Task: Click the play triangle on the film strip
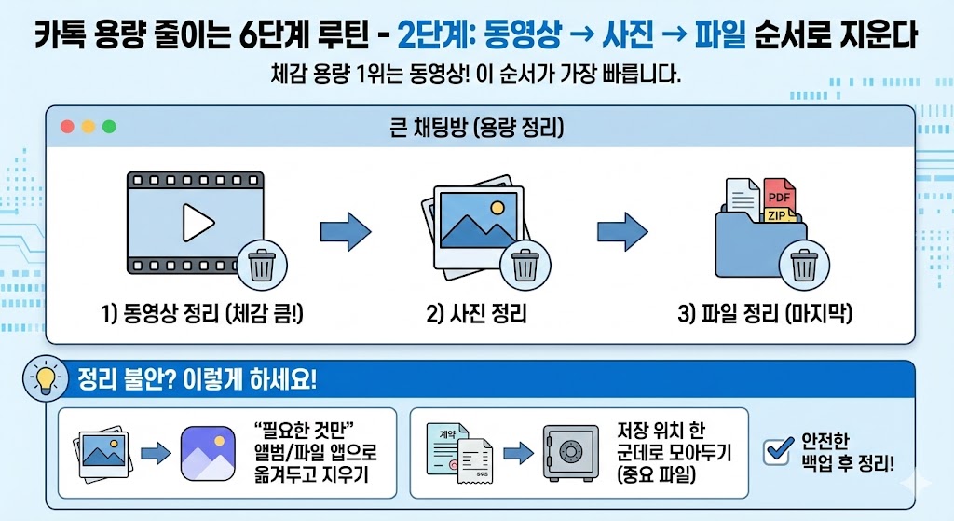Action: point(198,222)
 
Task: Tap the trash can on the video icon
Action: point(262,265)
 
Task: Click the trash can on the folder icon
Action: point(803,265)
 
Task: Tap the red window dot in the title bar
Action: point(66,127)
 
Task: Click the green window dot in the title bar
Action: point(109,127)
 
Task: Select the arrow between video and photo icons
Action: point(345,229)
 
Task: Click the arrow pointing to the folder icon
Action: point(622,229)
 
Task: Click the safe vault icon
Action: point(569,451)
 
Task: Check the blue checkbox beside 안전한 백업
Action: point(776,451)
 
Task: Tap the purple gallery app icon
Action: point(208,453)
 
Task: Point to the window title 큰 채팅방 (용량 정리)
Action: point(477,127)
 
